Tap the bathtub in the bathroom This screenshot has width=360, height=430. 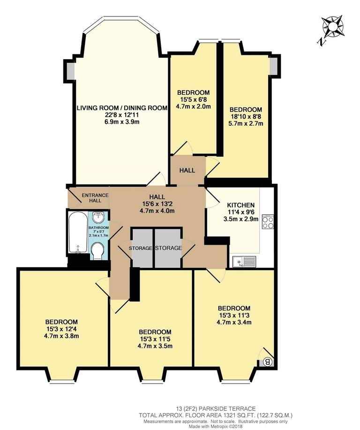(x=78, y=232)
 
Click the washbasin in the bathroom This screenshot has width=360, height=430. (x=98, y=218)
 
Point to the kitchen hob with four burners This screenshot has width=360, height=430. (x=268, y=222)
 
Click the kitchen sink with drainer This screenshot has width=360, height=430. (x=244, y=262)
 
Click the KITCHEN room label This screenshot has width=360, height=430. (x=241, y=205)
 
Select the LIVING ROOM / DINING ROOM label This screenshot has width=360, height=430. (x=122, y=108)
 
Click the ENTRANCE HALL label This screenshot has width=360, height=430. (x=95, y=198)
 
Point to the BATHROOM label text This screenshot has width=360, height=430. (x=99, y=228)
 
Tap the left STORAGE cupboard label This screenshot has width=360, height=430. (x=140, y=249)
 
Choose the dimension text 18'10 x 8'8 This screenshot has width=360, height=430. (x=246, y=117)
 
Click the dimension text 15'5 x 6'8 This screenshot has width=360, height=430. (x=193, y=99)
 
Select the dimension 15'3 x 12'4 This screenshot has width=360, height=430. (x=61, y=329)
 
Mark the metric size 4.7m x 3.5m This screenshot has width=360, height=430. (x=155, y=346)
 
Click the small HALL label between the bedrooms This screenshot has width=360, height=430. (x=187, y=171)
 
